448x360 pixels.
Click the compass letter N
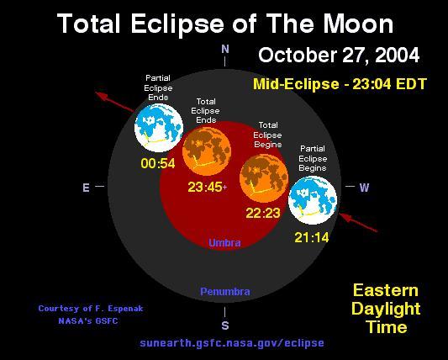[x=225, y=49]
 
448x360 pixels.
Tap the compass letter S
[x=225, y=326]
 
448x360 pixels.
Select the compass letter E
[x=86, y=188]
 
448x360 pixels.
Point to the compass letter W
[x=364, y=188]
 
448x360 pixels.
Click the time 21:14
[x=312, y=237]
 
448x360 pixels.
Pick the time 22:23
[x=263, y=213]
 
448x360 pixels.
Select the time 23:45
[x=205, y=188]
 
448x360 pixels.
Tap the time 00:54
[x=158, y=163]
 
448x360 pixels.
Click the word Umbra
[x=224, y=243]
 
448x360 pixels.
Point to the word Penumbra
[x=225, y=291]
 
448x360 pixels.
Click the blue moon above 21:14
[x=313, y=200]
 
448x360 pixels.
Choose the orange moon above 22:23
[x=264, y=177]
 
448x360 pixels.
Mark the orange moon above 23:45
[x=207, y=151]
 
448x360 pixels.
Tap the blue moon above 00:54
[x=159, y=128]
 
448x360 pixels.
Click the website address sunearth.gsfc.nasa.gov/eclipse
[x=232, y=342]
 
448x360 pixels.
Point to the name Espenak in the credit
[x=125, y=309]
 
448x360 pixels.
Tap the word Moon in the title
[x=359, y=24]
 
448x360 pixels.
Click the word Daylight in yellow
[x=386, y=309]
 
